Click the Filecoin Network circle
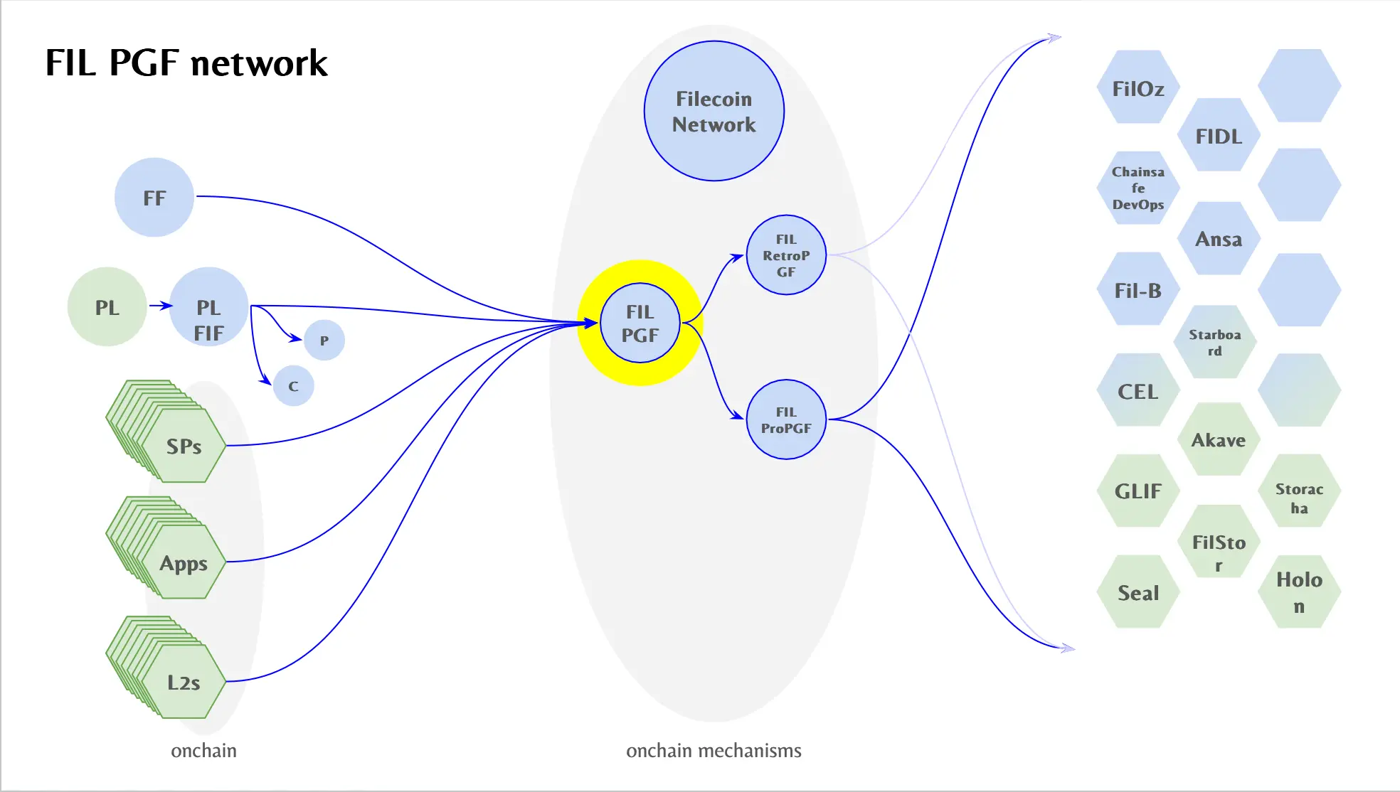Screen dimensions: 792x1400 (x=714, y=111)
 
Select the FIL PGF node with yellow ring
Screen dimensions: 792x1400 (x=640, y=323)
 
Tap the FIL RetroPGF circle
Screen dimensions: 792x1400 (x=786, y=255)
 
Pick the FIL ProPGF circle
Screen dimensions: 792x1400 (x=786, y=419)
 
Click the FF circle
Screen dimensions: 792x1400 (x=154, y=198)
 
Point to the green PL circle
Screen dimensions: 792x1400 (x=107, y=307)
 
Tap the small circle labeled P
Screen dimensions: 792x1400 (x=324, y=340)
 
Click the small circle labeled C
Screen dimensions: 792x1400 (x=293, y=386)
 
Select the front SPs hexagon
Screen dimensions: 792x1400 (x=184, y=446)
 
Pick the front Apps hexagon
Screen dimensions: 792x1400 (x=184, y=562)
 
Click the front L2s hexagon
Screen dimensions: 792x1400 (x=184, y=682)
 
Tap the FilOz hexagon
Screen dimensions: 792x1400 (x=1138, y=88)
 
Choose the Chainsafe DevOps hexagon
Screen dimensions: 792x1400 (x=1138, y=188)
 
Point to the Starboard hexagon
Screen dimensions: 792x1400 (x=1215, y=342)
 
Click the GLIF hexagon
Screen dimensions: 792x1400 (x=1138, y=491)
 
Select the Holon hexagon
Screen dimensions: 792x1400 (x=1299, y=592)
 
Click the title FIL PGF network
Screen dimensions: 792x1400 (x=186, y=63)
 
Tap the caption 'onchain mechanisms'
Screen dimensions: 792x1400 (x=714, y=751)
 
